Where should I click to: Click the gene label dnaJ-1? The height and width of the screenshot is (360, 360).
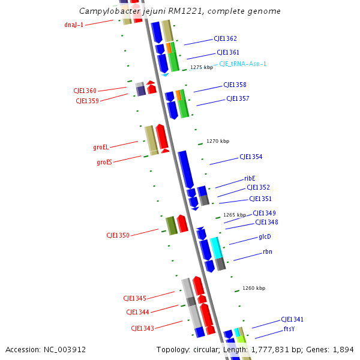[x=74, y=25]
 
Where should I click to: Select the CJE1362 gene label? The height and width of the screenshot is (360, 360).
[x=225, y=38]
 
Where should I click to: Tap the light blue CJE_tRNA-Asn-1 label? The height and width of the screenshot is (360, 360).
[x=242, y=64]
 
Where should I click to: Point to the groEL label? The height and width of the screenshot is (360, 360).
[x=101, y=147]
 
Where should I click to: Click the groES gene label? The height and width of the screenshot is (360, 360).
[x=104, y=162]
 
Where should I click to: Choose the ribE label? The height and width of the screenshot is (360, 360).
[x=250, y=178]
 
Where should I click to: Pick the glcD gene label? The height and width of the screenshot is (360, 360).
[x=265, y=236]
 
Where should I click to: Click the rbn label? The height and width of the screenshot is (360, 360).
[x=268, y=252]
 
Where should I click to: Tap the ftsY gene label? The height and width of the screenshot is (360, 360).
[x=289, y=329]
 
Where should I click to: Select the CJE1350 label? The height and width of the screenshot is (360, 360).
[x=118, y=235]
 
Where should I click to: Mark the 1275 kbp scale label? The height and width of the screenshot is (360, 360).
[x=202, y=68]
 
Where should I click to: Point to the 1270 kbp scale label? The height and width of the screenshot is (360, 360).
[x=218, y=142]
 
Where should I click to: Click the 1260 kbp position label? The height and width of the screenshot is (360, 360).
[x=254, y=288]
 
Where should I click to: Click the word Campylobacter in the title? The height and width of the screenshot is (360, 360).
[x=106, y=11]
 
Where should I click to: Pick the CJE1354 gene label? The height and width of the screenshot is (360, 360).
[x=251, y=157]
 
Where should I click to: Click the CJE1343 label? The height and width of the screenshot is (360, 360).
[x=142, y=328]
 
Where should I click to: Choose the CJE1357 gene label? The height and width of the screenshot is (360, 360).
[x=238, y=98]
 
